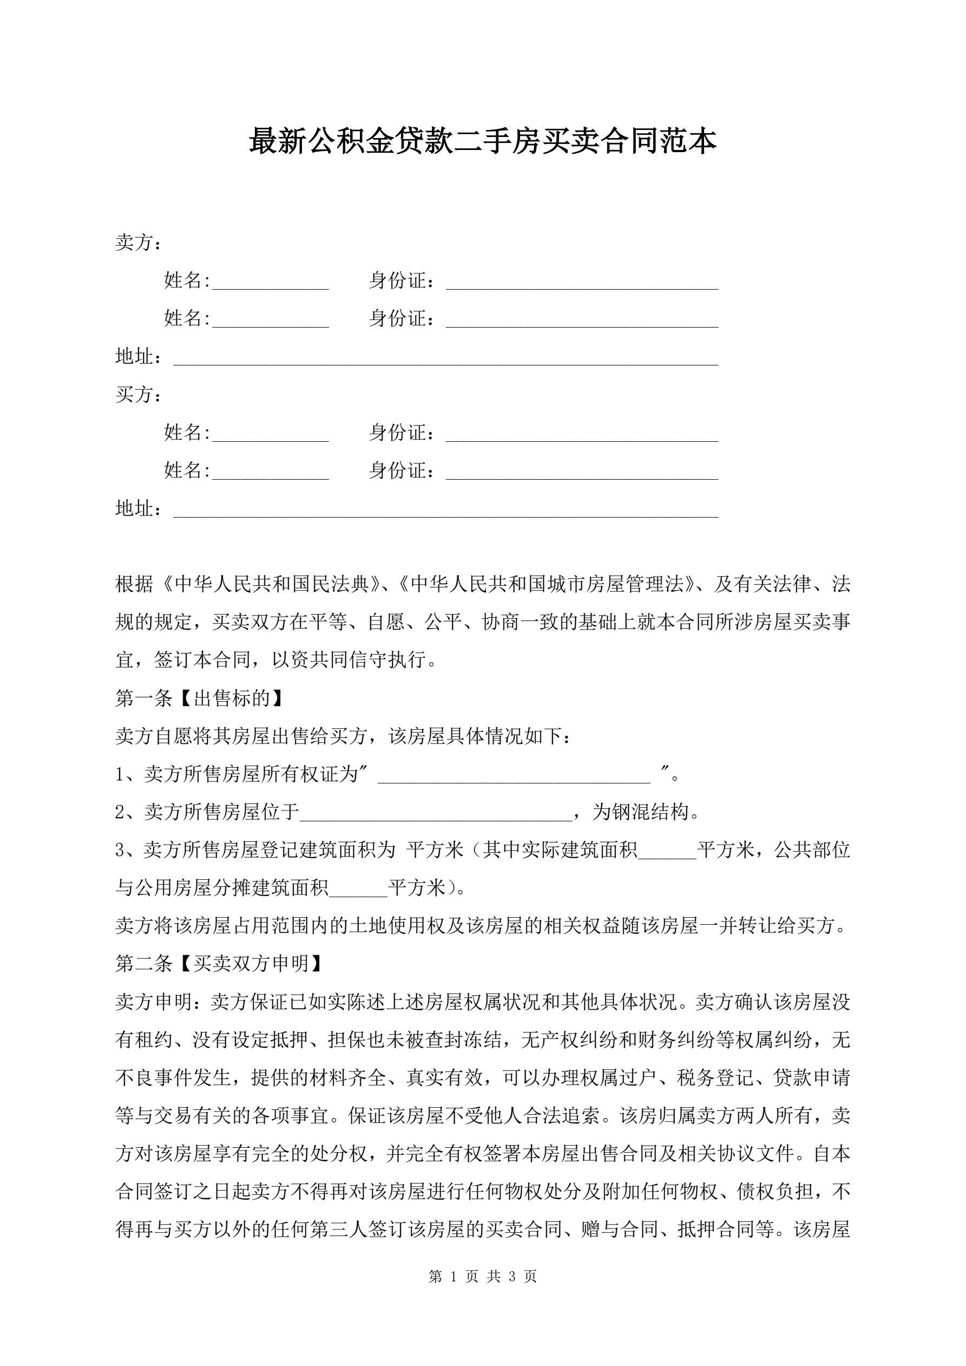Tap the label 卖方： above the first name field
coord(138,243)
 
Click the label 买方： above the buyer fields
coord(138,395)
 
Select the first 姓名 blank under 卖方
coord(271,282)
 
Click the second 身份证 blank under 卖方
coord(582,320)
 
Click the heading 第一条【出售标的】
coord(199,698)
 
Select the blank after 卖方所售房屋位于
coord(436,813)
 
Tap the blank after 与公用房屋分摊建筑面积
coord(358,889)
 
